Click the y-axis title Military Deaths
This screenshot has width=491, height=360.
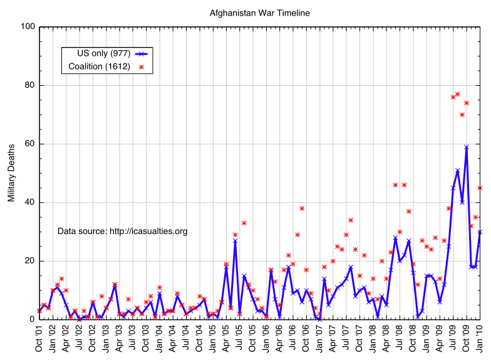11,173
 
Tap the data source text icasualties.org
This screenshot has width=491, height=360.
122,231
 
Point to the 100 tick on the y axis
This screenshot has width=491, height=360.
28,27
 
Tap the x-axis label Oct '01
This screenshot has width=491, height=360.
39,337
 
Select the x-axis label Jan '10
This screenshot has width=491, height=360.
480,337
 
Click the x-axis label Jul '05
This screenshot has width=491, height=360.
240,337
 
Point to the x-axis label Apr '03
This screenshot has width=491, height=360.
120,337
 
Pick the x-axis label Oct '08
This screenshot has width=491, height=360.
413,337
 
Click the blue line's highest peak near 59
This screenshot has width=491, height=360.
467,147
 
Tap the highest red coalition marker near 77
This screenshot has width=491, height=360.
458,94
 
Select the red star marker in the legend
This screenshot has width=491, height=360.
142,67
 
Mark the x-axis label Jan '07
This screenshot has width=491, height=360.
320,337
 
